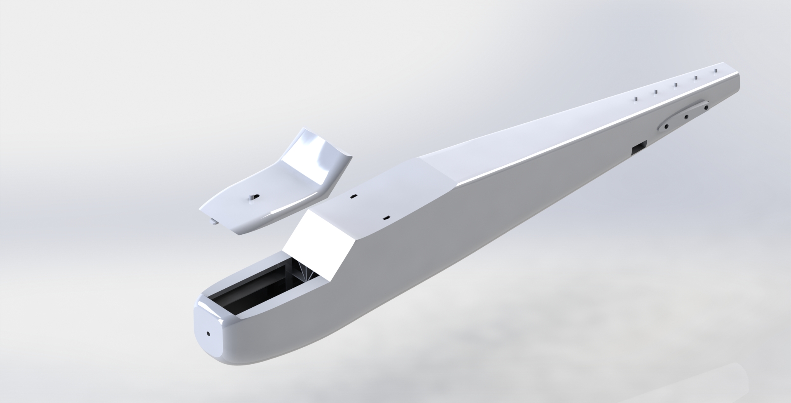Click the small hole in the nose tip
pyautogui.click(x=208, y=333)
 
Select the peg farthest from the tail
pyautogui.click(x=636, y=99)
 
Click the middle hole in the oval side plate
pyautogui.click(x=686, y=117)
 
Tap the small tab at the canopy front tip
pyautogui.click(x=214, y=223)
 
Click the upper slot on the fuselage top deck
pyautogui.click(x=353, y=197)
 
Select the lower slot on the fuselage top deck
pyautogui.click(x=386, y=217)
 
